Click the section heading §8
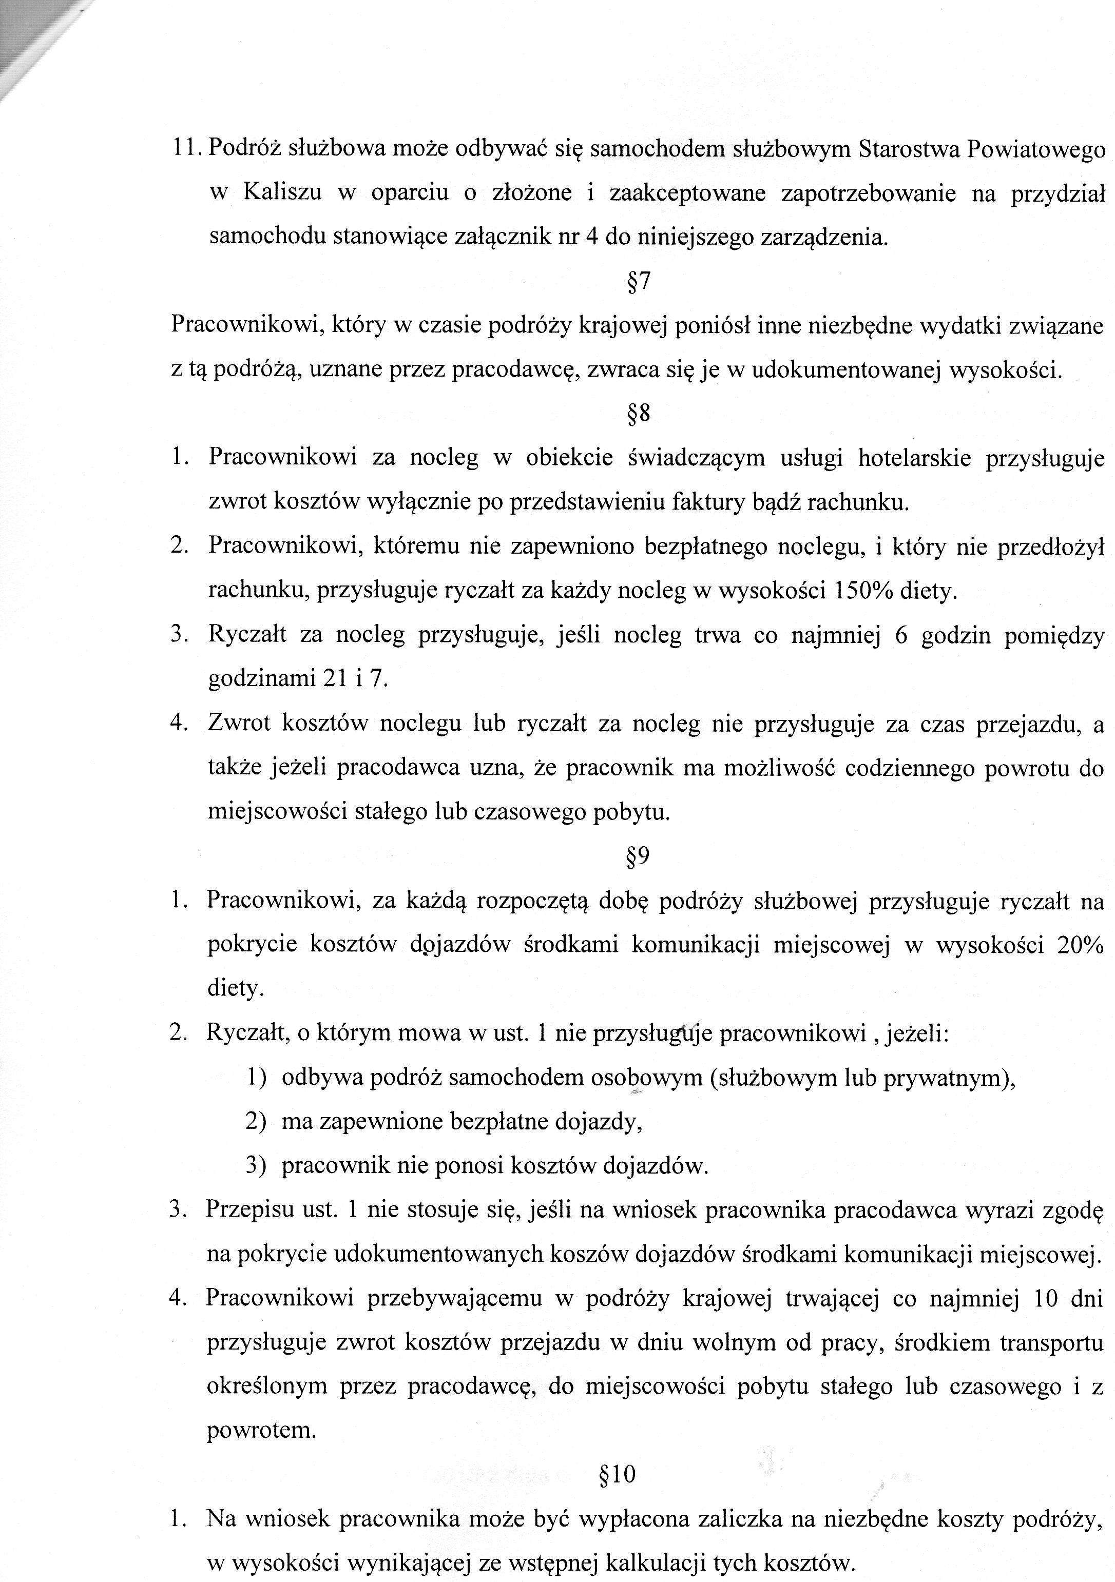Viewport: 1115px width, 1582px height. pos(639,414)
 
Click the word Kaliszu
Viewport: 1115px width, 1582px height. pos(282,193)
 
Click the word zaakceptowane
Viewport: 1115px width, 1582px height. pos(688,193)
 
